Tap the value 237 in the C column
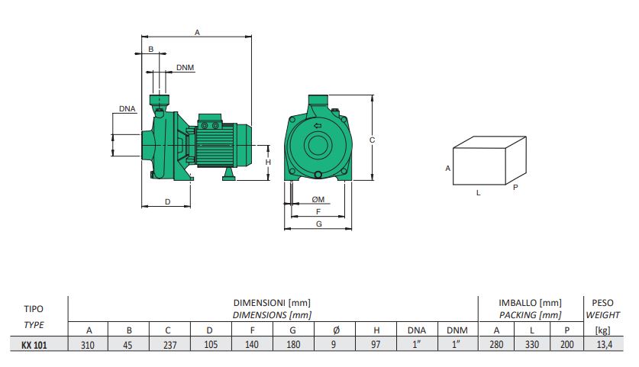click(x=170, y=345)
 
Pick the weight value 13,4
click(x=598, y=345)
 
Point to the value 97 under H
click(x=376, y=345)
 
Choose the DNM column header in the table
click(x=457, y=330)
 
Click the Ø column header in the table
click(x=335, y=330)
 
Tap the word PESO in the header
click(x=598, y=303)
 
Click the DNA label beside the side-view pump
click(x=127, y=109)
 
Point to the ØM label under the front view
click(x=318, y=200)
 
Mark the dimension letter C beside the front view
click(x=371, y=140)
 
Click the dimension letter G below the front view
click(x=318, y=224)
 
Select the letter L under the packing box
click(x=479, y=193)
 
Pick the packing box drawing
click(x=489, y=161)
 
